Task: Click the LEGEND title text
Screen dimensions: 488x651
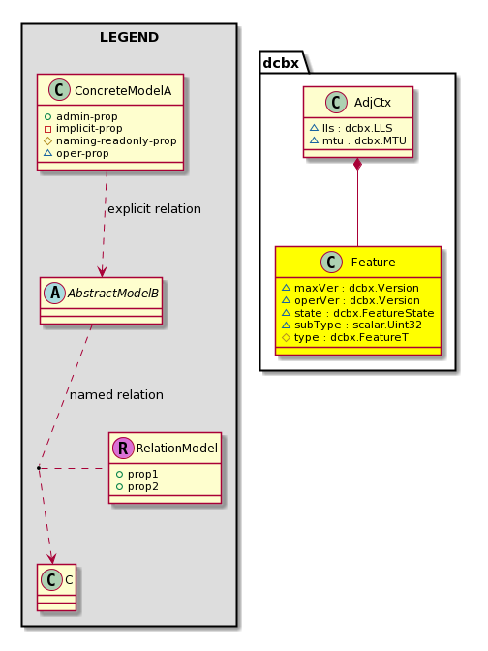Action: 129,37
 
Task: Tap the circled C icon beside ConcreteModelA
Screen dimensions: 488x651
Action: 59,90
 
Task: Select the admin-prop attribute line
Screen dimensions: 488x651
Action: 80,116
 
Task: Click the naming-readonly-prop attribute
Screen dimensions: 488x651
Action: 110,140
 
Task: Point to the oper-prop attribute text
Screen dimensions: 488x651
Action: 76,153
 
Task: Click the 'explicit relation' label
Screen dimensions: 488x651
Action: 154,208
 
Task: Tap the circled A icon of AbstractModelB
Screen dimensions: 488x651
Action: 55,294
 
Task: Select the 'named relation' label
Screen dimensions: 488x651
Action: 116,394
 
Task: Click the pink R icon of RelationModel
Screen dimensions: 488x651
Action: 123,448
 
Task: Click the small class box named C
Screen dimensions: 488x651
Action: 56,587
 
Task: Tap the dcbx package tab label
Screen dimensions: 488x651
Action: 281,63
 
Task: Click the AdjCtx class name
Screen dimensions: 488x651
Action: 373,103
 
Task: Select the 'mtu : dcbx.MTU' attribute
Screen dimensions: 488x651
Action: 358,140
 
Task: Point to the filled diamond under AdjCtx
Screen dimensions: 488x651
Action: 357,165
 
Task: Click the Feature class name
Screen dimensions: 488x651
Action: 373,263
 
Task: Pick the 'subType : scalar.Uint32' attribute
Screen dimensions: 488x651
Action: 351,325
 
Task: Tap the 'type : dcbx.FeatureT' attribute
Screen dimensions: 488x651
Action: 345,337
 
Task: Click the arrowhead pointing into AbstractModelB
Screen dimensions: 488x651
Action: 102,271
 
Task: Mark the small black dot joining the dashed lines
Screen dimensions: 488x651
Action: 38,468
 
